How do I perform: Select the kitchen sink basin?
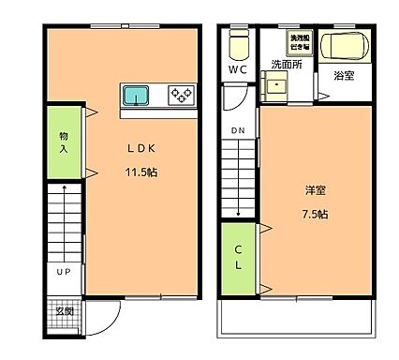click(137, 94)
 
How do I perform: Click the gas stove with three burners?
click(180, 94)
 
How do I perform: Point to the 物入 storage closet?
click(64, 142)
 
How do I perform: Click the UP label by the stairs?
click(64, 272)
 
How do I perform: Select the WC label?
click(238, 69)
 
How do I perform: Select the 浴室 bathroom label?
click(344, 75)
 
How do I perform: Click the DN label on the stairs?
click(239, 130)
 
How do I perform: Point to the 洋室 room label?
click(316, 189)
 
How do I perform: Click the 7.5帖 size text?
click(316, 214)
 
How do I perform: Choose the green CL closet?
click(239, 257)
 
